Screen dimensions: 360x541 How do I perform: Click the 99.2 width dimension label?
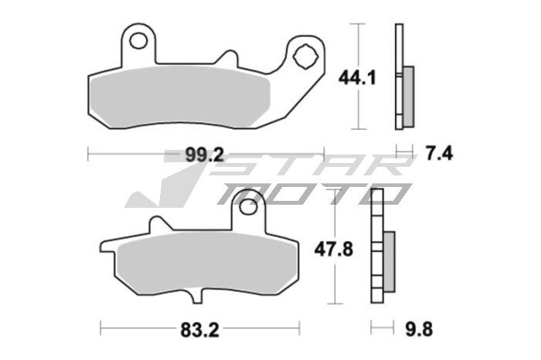click(204, 155)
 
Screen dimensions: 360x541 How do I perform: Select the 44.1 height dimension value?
click(356, 77)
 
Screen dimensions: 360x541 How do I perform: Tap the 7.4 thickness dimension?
click(438, 155)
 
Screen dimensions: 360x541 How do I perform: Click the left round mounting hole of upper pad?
click(140, 39)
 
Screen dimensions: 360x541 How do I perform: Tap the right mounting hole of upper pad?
click(305, 56)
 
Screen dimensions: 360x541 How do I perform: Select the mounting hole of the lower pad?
click(247, 207)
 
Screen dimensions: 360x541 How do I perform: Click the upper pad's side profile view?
click(403, 77)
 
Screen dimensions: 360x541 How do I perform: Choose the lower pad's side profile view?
click(381, 247)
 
